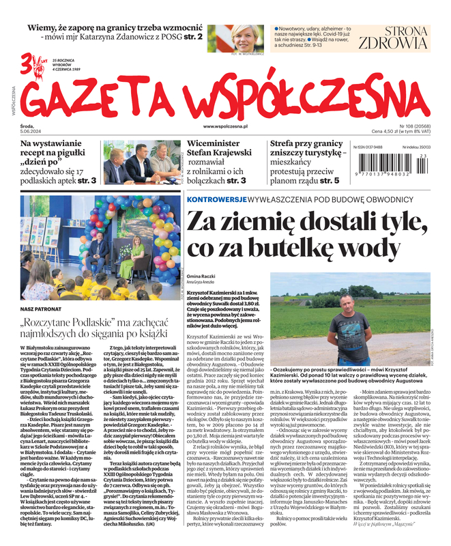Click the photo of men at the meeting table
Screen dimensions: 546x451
[x=142, y=163]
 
